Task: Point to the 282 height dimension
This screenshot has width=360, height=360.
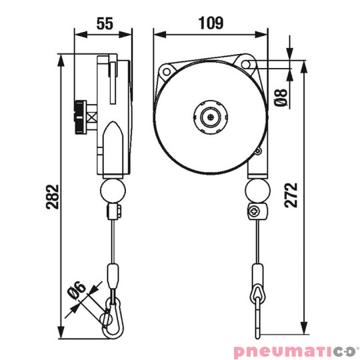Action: pos(54,197)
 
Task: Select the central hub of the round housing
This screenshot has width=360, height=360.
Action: pos(211,117)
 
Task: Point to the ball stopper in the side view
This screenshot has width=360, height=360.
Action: pos(111,192)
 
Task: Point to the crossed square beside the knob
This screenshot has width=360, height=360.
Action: pos(92,120)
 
